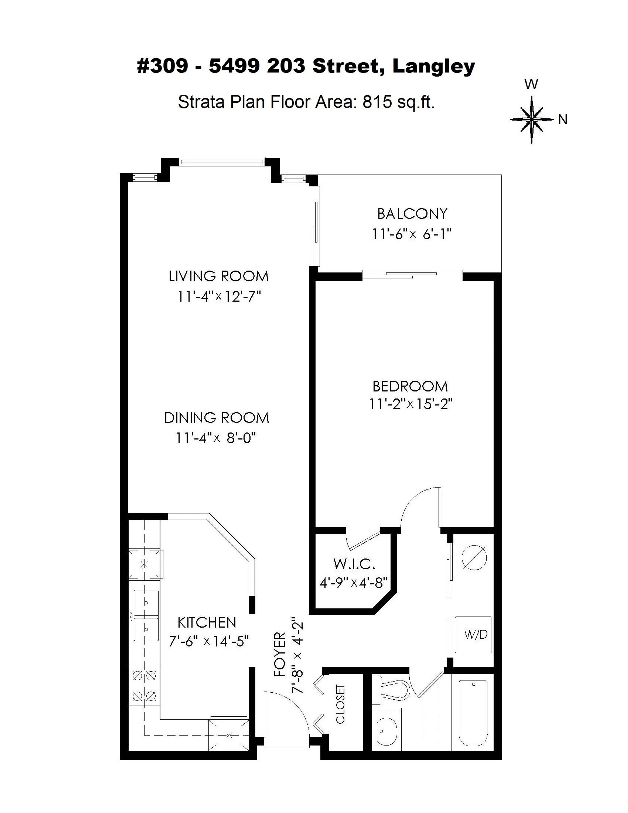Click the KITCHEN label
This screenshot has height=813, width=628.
coord(207,622)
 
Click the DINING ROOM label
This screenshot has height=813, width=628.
coord(217,418)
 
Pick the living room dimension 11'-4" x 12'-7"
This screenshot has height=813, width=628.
coord(219,297)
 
